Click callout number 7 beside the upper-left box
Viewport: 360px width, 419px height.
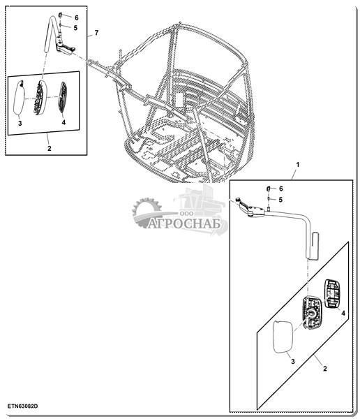[x=96, y=33]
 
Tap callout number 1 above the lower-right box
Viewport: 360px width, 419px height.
[x=298, y=165]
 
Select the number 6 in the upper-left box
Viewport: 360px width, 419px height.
[x=77, y=18]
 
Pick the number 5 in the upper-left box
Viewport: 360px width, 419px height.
[x=75, y=28]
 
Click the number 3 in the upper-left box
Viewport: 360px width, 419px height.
[x=20, y=124]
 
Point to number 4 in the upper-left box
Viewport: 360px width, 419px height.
[x=63, y=122]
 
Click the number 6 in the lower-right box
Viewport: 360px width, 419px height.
[x=280, y=189]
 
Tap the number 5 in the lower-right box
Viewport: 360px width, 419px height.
[x=280, y=200]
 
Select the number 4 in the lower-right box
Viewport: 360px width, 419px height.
[x=343, y=313]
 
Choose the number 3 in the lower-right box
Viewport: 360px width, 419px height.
[x=293, y=361]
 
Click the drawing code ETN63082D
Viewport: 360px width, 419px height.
[x=23, y=406]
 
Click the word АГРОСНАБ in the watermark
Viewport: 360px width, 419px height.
[x=184, y=223]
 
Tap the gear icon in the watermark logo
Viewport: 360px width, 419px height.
[x=147, y=212]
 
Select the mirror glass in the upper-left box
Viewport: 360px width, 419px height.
[x=20, y=98]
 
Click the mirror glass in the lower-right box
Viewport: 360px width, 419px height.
[x=283, y=337]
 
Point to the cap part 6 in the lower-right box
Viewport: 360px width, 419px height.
[x=269, y=189]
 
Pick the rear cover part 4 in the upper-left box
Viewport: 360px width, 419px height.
[x=63, y=97]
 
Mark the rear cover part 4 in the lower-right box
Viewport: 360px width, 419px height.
[x=332, y=294]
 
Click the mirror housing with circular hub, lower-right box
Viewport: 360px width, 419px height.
[x=312, y=313]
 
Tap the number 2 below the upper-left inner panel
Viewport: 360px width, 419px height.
[x=50, y=148]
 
